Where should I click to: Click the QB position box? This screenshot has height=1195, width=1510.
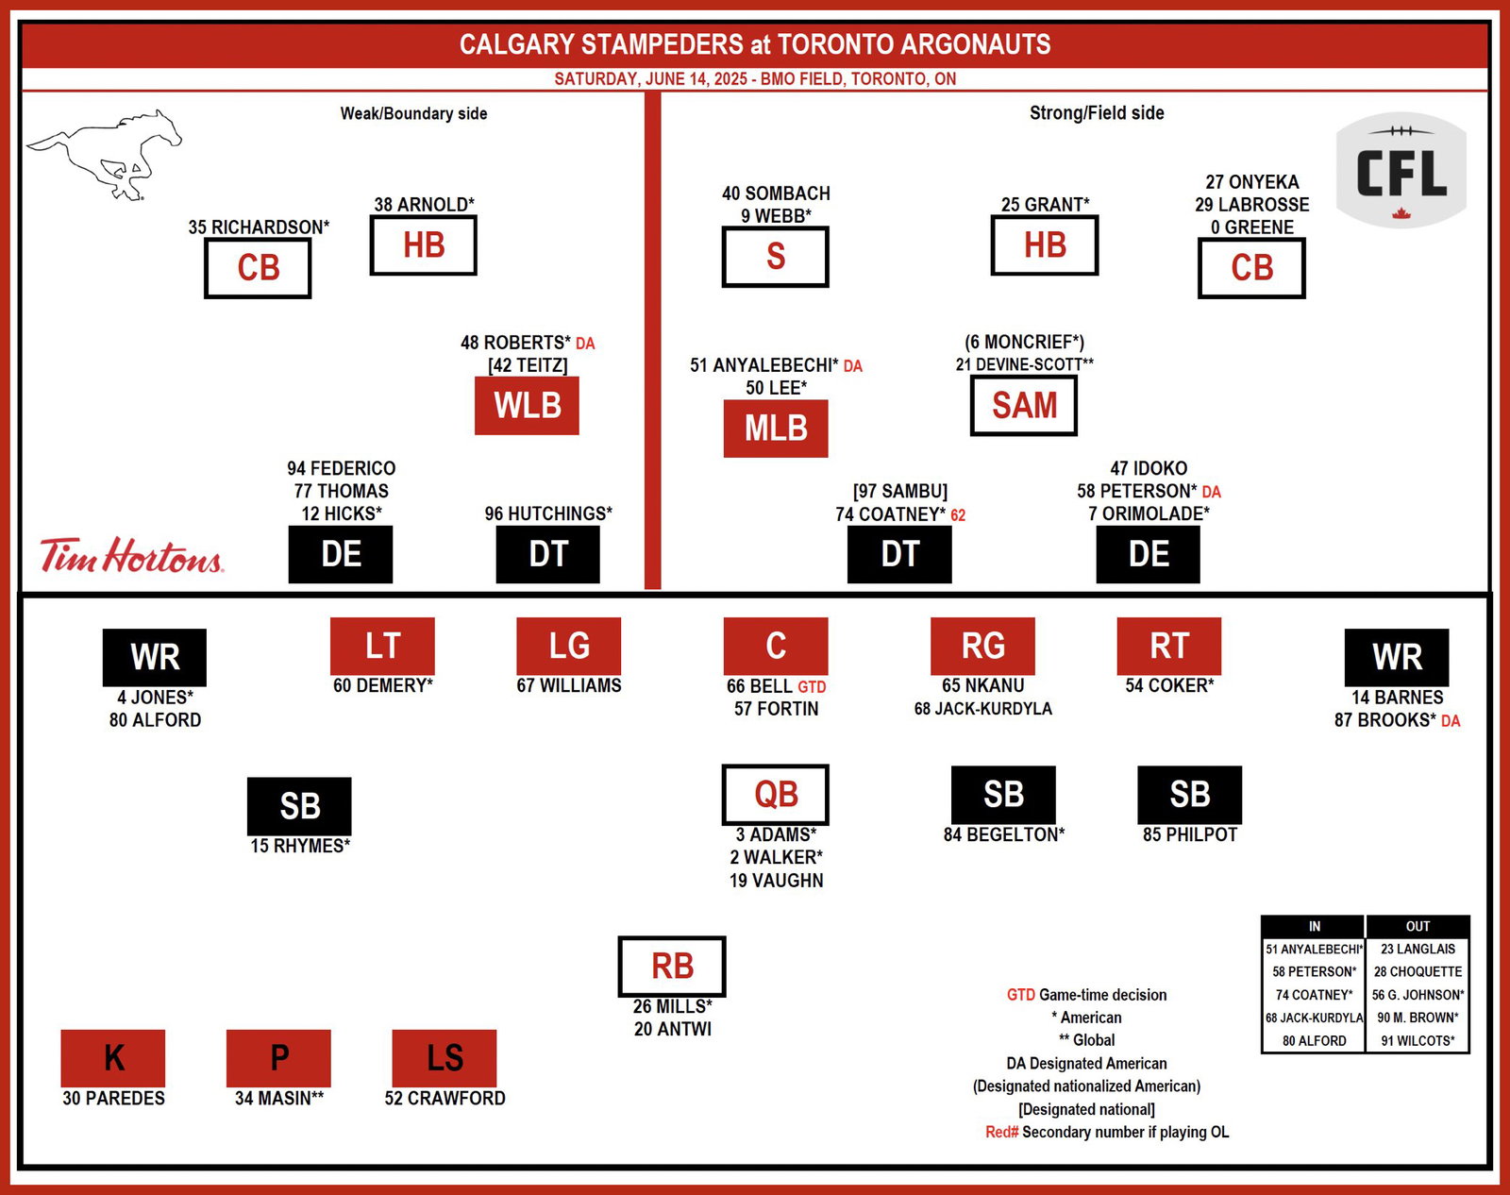click(776, 794)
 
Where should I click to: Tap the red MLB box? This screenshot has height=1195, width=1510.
click(776, 429)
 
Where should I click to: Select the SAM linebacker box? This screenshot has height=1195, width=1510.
click(1024, 406)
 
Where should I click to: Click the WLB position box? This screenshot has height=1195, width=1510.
click(527, 406)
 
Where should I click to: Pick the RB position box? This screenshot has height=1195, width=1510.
click(672, 966)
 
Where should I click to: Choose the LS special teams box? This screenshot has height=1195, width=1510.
click(445, 1058)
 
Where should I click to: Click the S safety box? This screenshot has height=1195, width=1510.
click(776, 257)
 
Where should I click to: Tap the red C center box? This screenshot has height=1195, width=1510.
click(776, 646)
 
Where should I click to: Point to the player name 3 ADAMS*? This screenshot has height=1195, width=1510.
click(776, 834)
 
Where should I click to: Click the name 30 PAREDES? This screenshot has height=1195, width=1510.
click(113, 1098)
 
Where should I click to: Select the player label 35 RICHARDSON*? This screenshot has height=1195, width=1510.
click(259, 227)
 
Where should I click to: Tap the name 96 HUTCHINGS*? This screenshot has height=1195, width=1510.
click(548, 513)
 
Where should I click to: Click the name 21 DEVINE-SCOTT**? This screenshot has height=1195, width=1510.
click(1024, 364)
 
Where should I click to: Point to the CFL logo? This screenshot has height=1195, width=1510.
click(1401, 172)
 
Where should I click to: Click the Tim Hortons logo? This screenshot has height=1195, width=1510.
click(131, 556)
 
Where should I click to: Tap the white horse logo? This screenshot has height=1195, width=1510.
click(106, 153)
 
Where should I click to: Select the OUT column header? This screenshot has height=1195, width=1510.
click(1418, 926)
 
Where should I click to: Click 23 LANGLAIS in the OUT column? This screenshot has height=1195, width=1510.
click(1418, 949)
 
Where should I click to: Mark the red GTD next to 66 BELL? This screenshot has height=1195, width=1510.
click(812, 687)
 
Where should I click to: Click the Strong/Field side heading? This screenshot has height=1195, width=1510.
click(1097, 113)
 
